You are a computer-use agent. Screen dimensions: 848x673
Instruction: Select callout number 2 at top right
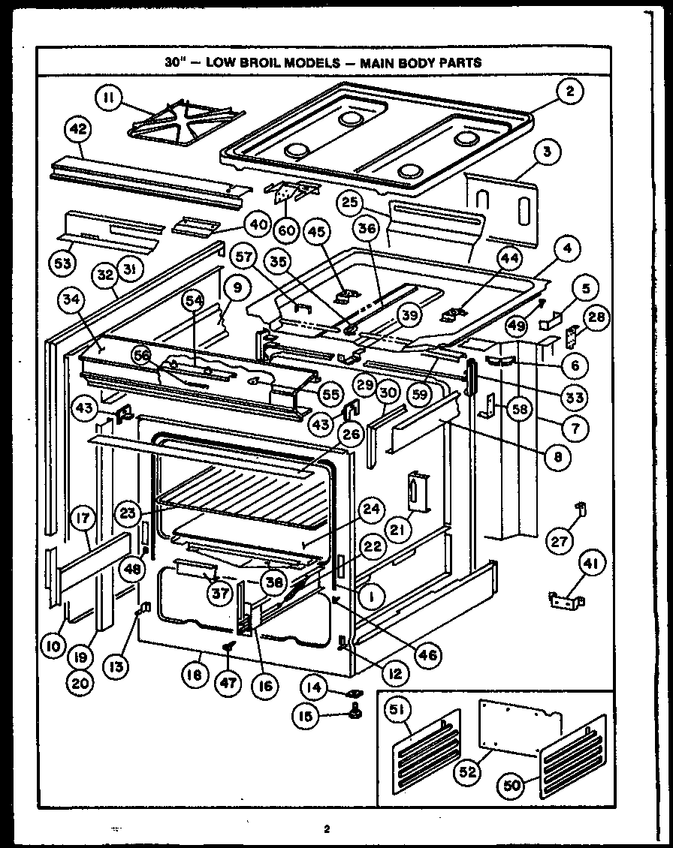570,92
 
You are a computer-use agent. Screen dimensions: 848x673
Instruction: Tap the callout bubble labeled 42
77,129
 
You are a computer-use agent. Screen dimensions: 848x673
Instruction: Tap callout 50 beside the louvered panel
512,786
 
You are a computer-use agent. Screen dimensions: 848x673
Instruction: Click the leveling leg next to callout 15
355,710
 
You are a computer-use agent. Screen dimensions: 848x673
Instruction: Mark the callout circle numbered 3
548,152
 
